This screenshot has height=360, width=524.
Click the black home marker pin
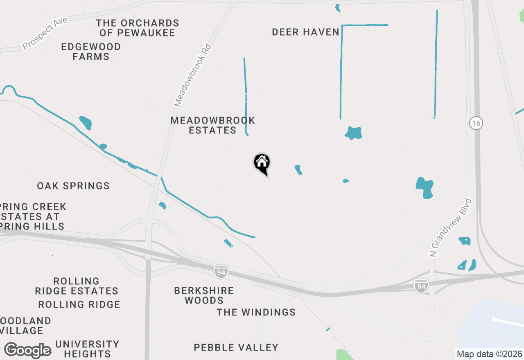click(262, 163)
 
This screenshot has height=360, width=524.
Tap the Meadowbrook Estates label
click(212, 126)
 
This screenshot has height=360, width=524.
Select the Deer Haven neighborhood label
click(305, 32)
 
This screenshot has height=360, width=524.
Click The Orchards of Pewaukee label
click(138, 28)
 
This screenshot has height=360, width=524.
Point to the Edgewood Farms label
click(91, 52)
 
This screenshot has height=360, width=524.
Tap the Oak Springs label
click(73, 186)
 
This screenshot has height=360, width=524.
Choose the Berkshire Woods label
click(204, 295)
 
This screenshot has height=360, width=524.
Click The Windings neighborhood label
click(256, 313)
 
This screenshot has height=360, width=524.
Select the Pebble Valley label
click(236, 348)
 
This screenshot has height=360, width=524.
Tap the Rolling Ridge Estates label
click(77, 286)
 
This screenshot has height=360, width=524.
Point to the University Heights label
click(87, 349)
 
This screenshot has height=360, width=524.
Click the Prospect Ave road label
click(45, 34)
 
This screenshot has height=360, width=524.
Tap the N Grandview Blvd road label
click(451, 228)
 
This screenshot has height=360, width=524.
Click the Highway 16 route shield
click(476, 123)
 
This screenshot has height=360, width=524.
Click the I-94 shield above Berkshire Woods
click(221, 271)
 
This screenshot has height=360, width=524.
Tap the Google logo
click(28, 351)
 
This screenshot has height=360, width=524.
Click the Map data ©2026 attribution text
click(489, 354)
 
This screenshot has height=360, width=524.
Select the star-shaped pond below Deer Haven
click(353, 133)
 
